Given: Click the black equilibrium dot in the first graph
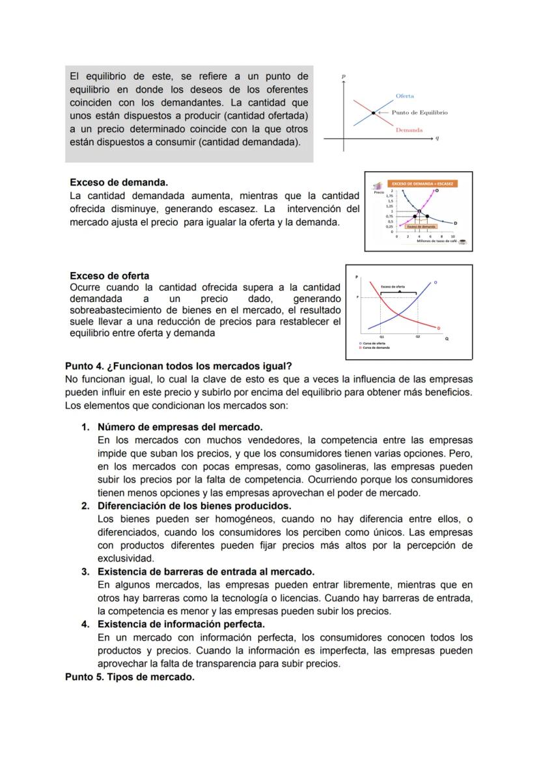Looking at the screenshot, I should tap(374, 113).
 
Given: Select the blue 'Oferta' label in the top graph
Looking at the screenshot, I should tap(405, 96).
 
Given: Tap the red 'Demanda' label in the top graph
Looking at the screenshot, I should tap(409, 130).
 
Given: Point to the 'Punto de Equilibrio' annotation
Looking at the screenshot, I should tap(419, 113).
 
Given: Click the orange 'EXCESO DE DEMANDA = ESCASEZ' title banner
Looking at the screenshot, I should tap(422, 184).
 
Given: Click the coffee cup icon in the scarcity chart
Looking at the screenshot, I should tap(462, 241).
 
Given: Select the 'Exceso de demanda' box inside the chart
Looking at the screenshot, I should tap(421, 226).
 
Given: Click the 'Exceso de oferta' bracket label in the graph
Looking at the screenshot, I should tap(393, 286).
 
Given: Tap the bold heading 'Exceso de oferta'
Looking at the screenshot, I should tap(109, 275).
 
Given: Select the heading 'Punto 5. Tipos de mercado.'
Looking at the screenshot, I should tap(130, 677).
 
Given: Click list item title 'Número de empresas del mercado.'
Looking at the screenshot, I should tap(180, 427).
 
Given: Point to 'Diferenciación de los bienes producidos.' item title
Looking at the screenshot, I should tap(194, 506).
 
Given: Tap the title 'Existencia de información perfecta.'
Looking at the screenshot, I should tap(181, 624).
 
